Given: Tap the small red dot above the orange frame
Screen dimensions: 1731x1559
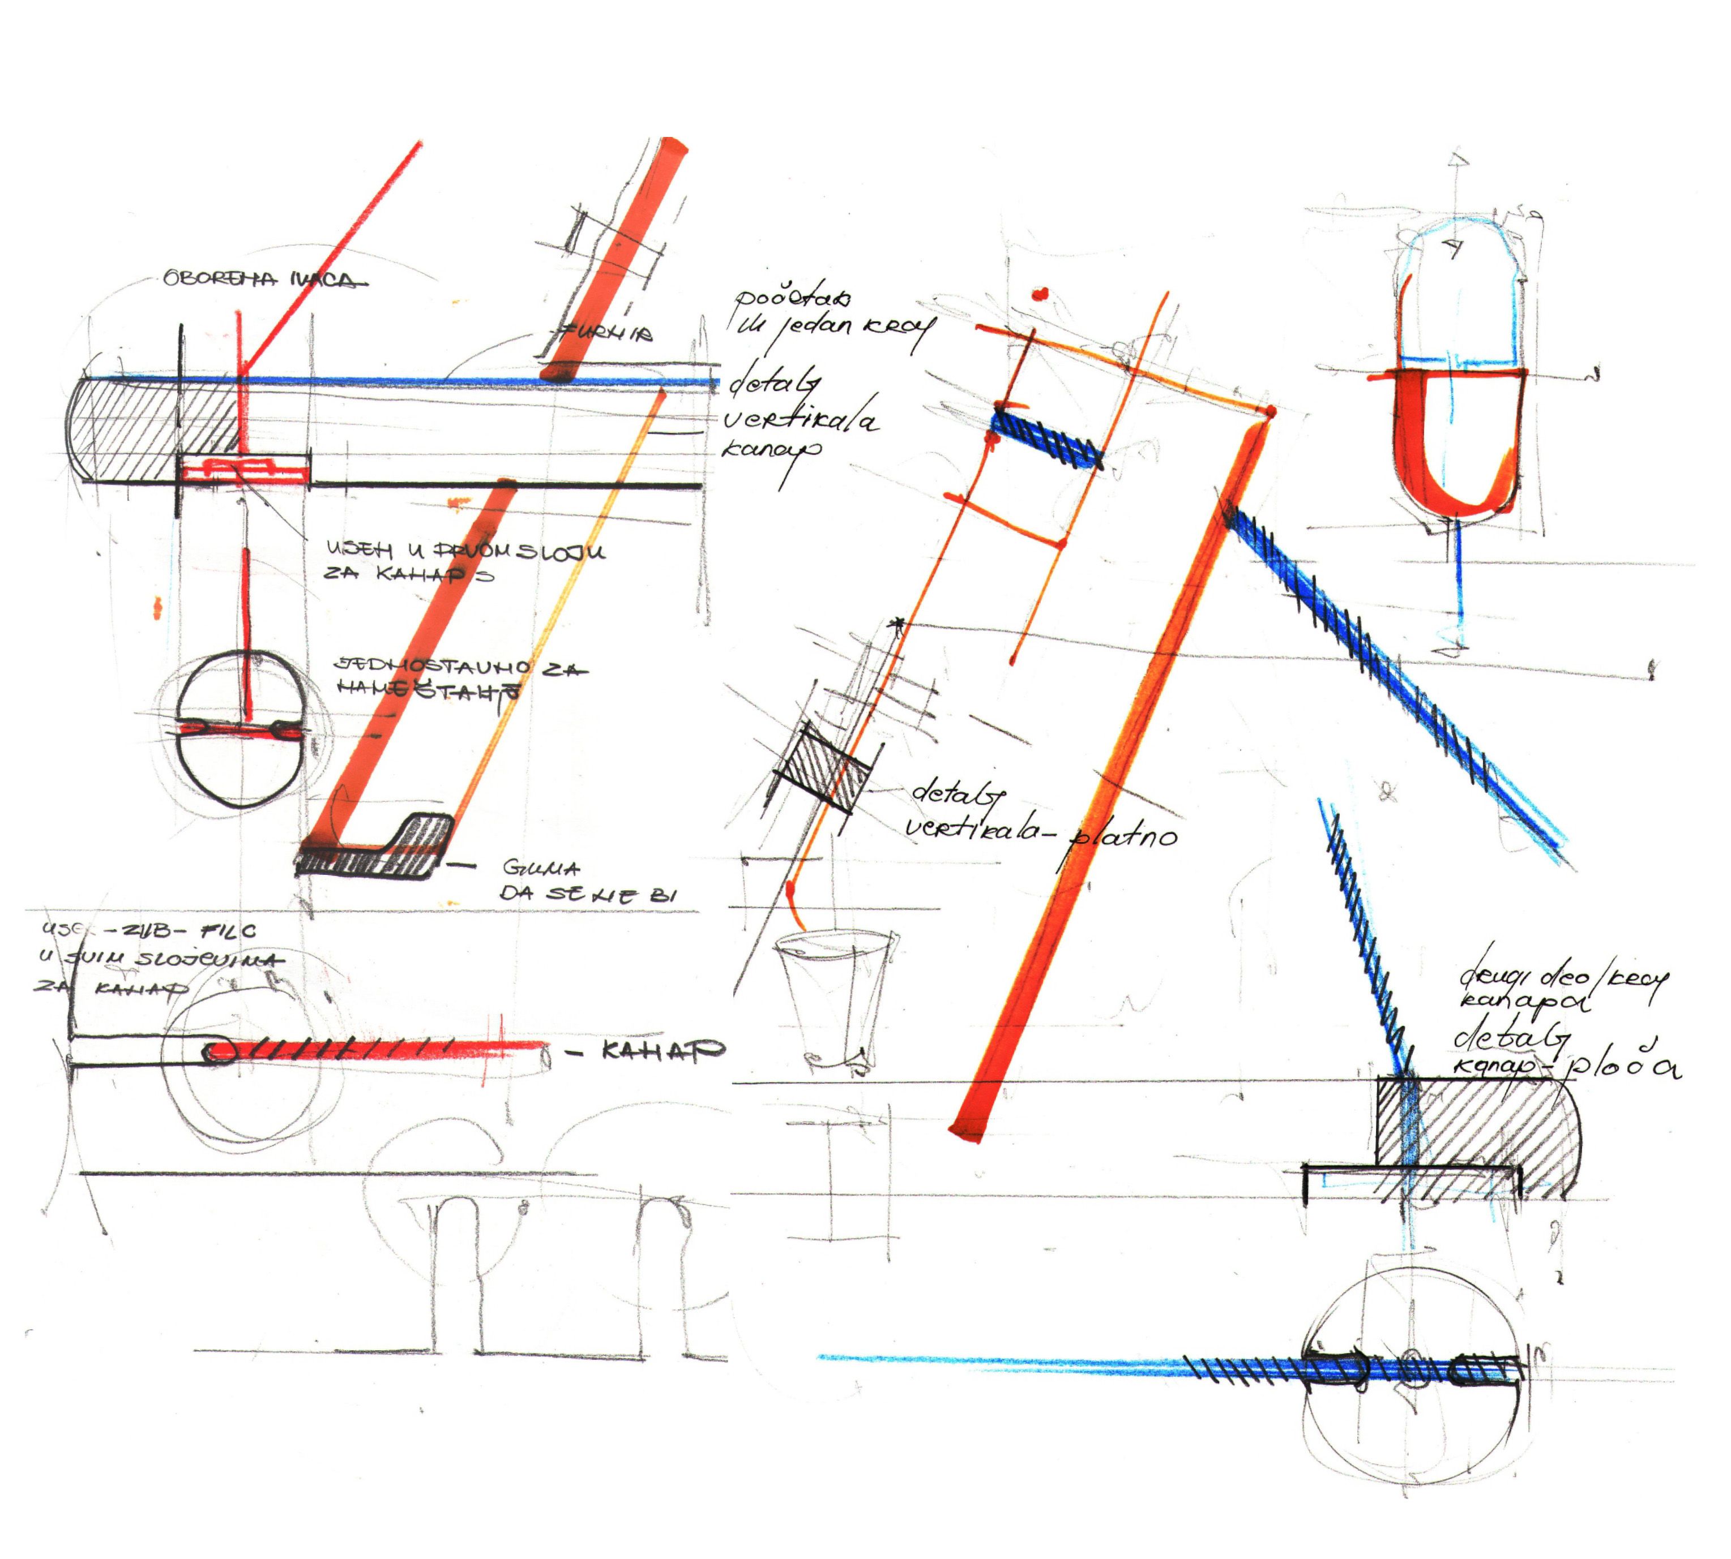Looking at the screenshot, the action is (1040, 295).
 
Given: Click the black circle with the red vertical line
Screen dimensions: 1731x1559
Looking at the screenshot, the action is (241, 729).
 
